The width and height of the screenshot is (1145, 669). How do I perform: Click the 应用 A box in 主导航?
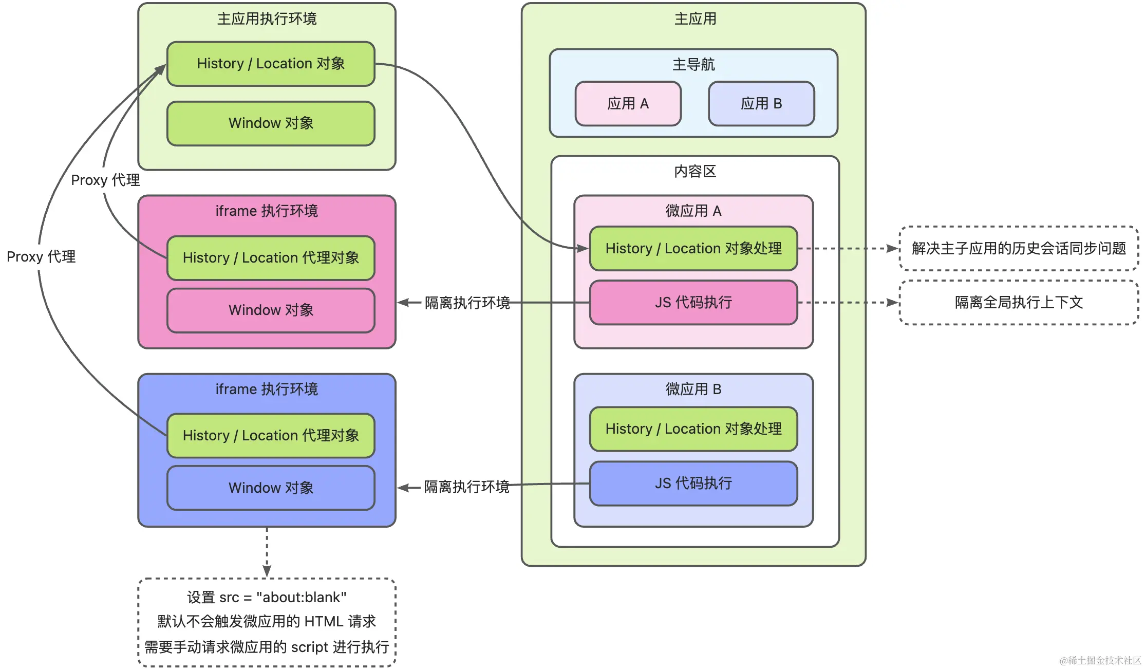(628, 104)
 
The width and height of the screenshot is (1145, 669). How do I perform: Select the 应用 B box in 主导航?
(761, 104)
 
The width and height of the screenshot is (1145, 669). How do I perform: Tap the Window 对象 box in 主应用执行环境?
(271, 123)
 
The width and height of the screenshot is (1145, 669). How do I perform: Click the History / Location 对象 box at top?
(271, 64)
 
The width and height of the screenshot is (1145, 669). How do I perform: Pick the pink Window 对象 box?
(271, 310)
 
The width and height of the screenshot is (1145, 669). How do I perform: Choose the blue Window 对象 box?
(271, 488)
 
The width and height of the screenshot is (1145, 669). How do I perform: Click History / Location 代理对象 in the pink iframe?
(271, 258)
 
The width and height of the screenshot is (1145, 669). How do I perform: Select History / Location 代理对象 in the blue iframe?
(271, 436)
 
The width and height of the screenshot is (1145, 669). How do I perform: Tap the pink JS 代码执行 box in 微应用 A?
(693, 303)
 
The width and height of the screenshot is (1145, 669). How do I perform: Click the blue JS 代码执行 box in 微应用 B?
(693, 484)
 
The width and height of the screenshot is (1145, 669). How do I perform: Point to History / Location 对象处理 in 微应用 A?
(693, 249)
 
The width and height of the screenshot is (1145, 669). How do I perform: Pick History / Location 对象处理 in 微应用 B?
(693, 429)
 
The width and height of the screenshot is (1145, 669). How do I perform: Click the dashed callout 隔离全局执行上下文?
(1019, 303)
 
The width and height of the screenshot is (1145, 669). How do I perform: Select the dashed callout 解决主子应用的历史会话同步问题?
(1019, 249)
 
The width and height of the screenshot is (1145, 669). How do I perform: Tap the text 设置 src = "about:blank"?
(267, 598)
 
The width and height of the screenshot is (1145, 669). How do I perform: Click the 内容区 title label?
(695, 172)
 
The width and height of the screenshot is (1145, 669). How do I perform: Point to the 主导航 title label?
(693, 65)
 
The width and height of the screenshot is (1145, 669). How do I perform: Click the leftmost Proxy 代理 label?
(41, 257)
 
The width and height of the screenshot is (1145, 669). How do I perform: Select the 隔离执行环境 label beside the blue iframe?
(466, 487)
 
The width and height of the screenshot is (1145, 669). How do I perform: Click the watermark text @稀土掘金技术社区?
(1100, 661)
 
